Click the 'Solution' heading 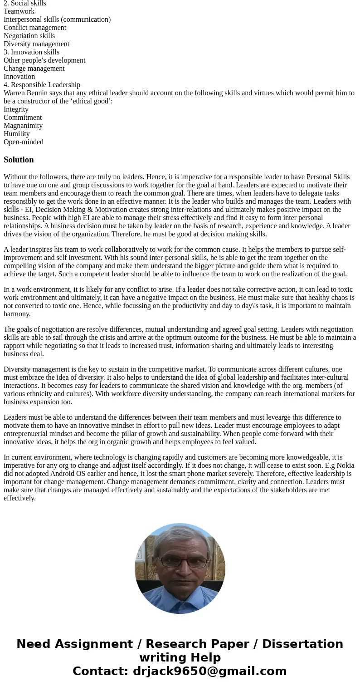click(x=19, y=160)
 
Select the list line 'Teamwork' click(x=19, y=11)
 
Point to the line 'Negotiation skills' click(x=29, y=36)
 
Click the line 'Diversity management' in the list click(x=36, y=44)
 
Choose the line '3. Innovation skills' click(x=31, y=52)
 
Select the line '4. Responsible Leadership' click(x=42, y=85)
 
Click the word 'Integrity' click(x=16, y=109)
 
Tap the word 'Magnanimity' click(x=23, y=126)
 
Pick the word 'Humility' click(x=17, y=134)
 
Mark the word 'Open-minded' click(x=24, y=142)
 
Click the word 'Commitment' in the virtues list click(x=23, y=118)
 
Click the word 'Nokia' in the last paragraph click(x=345, y=466)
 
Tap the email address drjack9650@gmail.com click(x=209, y=671)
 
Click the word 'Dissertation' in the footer click(x=302, y=644)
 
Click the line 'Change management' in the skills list click(x=34, y=69)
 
